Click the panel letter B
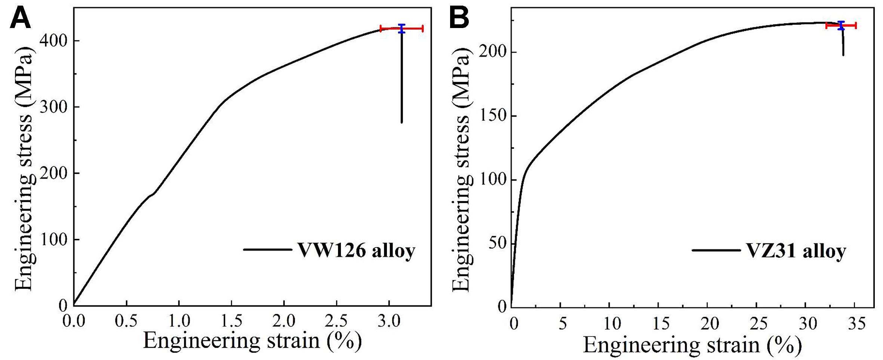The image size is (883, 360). click(459, 19)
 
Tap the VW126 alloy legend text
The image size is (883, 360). click(356, 250)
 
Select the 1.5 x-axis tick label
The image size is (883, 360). click(231, 321)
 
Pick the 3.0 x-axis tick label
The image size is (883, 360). click(389, 321)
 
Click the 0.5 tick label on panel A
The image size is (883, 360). click(126, 321)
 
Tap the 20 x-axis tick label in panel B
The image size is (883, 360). click(710, 323)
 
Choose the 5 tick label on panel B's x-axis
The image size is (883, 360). click(563, 323)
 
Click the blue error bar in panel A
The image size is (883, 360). click(401, 28)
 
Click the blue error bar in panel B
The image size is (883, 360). click(841, 25)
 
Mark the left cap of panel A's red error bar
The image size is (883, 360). click(381, 28)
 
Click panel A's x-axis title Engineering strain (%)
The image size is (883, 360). click(252, 341)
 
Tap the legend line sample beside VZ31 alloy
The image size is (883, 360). click(716, 250)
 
